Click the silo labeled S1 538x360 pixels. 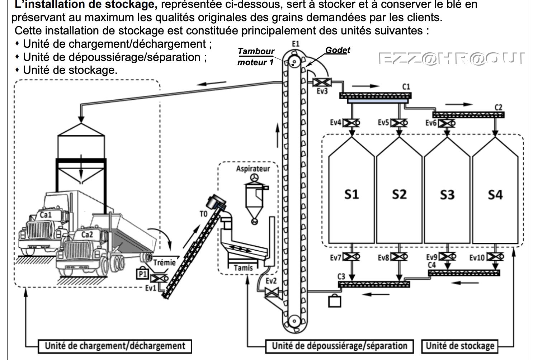point(351,194)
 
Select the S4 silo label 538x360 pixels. point(495,194)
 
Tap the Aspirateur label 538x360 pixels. point(253,169)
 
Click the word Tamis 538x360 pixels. point(243,267)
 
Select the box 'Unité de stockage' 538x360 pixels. point(460,346)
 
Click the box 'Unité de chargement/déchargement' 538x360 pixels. point(115,346)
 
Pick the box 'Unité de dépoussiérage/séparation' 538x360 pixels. point(339,346)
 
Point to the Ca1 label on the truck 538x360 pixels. point(46,215)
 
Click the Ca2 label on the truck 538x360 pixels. point(87,235)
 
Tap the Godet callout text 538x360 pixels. point(338,50)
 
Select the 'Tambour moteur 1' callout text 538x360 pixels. point(255,57)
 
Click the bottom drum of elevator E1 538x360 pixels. point(294,320)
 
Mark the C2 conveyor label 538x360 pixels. point(498,107)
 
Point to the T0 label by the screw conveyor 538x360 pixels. point(203,214)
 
